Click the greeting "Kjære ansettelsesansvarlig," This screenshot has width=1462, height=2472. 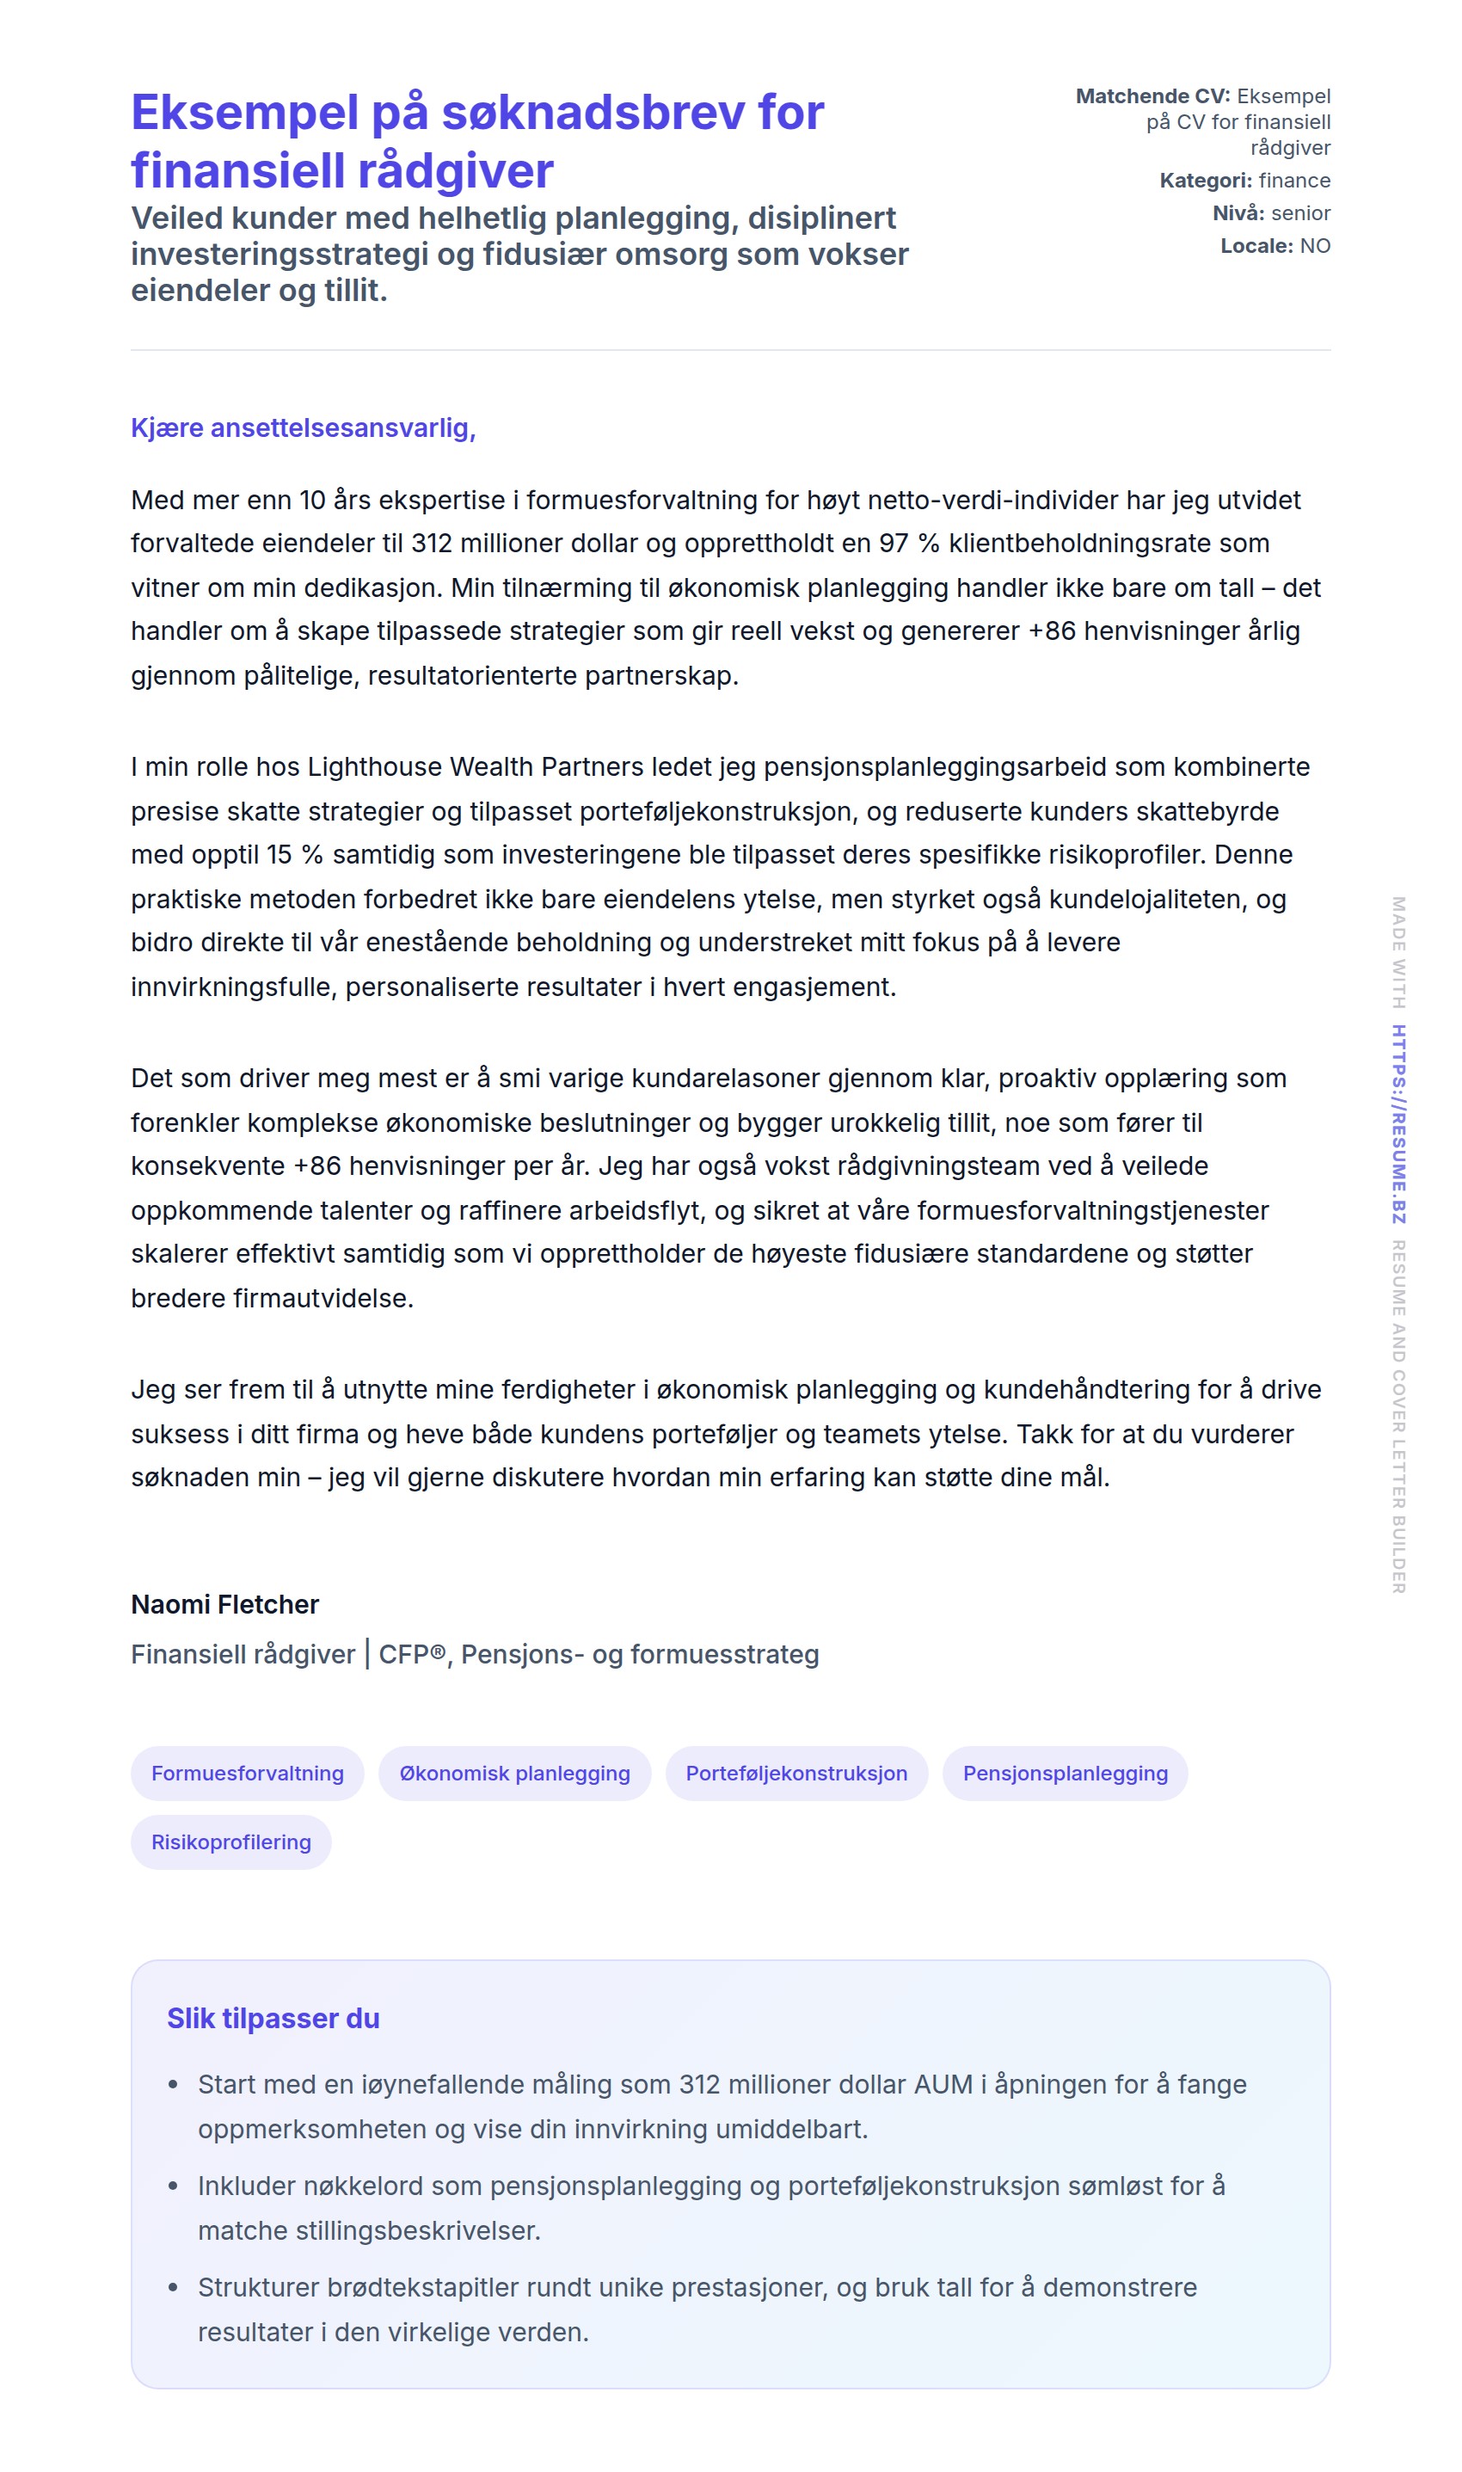(x=303, y=427)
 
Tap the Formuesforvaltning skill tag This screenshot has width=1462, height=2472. (x=248, y=1774)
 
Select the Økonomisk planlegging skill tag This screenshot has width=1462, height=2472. (x=514, y=1774)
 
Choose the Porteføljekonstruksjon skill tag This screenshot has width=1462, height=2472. (x=796, y=1774)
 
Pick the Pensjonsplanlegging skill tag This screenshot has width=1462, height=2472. (x=1065, y=1774)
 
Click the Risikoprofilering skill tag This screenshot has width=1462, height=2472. (x=230, y=1842)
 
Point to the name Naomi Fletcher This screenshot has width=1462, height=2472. (x=224, y=1605)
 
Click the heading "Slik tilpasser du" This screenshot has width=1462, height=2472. (x=273, y=2019)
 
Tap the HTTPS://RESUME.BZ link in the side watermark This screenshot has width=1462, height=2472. (x=1398, y=1124)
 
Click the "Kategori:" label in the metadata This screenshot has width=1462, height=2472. (x=1205, y=181)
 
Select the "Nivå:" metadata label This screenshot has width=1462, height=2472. (x=1238, y=212)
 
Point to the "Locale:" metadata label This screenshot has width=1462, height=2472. (x=1256, y=245)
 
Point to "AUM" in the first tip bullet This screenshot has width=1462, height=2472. (x=943, y=2085)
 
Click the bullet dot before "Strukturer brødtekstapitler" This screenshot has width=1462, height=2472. (x=174, y=2288)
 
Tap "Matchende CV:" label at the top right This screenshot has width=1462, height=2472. (x=1152, y=95)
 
